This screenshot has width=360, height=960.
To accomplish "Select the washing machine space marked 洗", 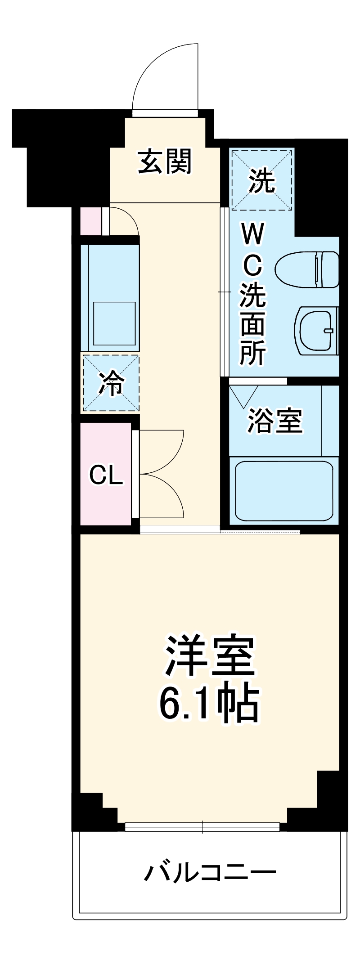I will (261, 180).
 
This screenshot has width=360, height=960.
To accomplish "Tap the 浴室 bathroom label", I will (275, 420).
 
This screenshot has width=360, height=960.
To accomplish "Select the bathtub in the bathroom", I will (284, 490).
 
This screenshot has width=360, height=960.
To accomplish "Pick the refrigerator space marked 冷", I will (111, 383).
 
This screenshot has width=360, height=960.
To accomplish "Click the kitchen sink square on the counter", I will (114, 323).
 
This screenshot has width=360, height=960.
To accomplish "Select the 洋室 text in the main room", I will (210, 656).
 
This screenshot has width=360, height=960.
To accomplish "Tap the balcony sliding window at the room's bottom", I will (202, 827).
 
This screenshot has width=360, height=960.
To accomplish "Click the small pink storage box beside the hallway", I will (90, 221).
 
